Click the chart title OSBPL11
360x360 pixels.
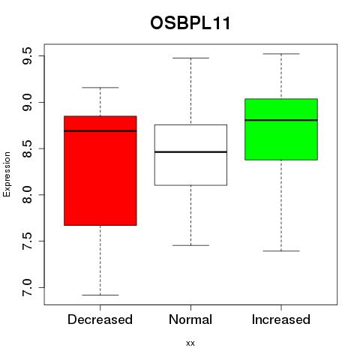pyautogui.click(x=190, y=23)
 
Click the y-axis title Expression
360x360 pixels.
pyautogui.click(x=7, y=174)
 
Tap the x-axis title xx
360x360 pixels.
pyautogui.click(x=190, y=343)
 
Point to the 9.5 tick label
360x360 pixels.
pyautogui.click(x=27, y=56)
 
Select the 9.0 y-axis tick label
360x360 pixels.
pyautogui.click(x=27, y=103)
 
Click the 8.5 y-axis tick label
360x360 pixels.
pyautogui.click(x=27, y=148)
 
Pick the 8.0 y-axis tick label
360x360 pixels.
pyautogui.click(x=27, y=195)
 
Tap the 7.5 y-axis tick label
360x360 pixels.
pyautogui.click(x=27, y=241)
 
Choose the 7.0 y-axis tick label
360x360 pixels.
pyautogui.click(x=27, y=287)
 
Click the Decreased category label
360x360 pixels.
pyautogui.click(x=100, y=319)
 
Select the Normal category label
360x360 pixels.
pyautogui.click(x=190, y=319)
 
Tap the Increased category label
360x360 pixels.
pyautogui.click(x=281, y=319)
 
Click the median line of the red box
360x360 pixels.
pyautogui.click(x=100, y=130)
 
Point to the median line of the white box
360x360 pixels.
pyautogui.click(x=190, y=152)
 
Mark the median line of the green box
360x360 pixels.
pyautogui.click(x=281, y=120)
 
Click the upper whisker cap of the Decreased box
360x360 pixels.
pyautogui.click(x=100, y=88)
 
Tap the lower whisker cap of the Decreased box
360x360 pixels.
pyautogui.click(x=100, y=295)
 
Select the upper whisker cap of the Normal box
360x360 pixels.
pyautogui.click(x=190, y=58)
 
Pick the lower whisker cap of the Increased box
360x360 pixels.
pyautogui.click(x=281, y=250)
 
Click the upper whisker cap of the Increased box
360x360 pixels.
pyautogui.click(x=281, y=54)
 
